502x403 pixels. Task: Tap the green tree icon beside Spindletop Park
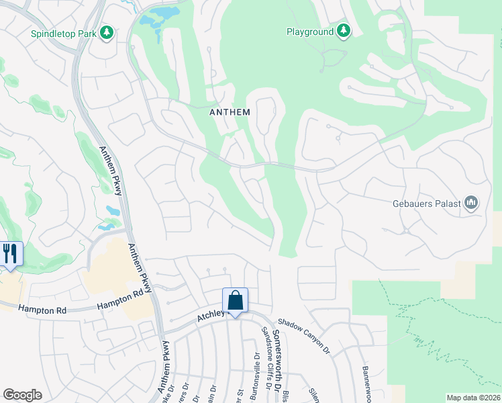pos(106,32)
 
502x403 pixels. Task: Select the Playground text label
pos(310,32)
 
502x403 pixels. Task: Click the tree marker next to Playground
pos(344,31)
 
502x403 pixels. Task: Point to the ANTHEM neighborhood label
pos(230,112)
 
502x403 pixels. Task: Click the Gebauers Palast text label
pos(427,203)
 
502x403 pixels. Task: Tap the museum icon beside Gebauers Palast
pos(471,202)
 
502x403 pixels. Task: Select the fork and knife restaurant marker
pos(10,254)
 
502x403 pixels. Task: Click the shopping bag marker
pos(236,300)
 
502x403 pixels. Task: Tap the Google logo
pos(22,395)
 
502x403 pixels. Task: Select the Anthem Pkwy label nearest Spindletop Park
pos(111,171)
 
